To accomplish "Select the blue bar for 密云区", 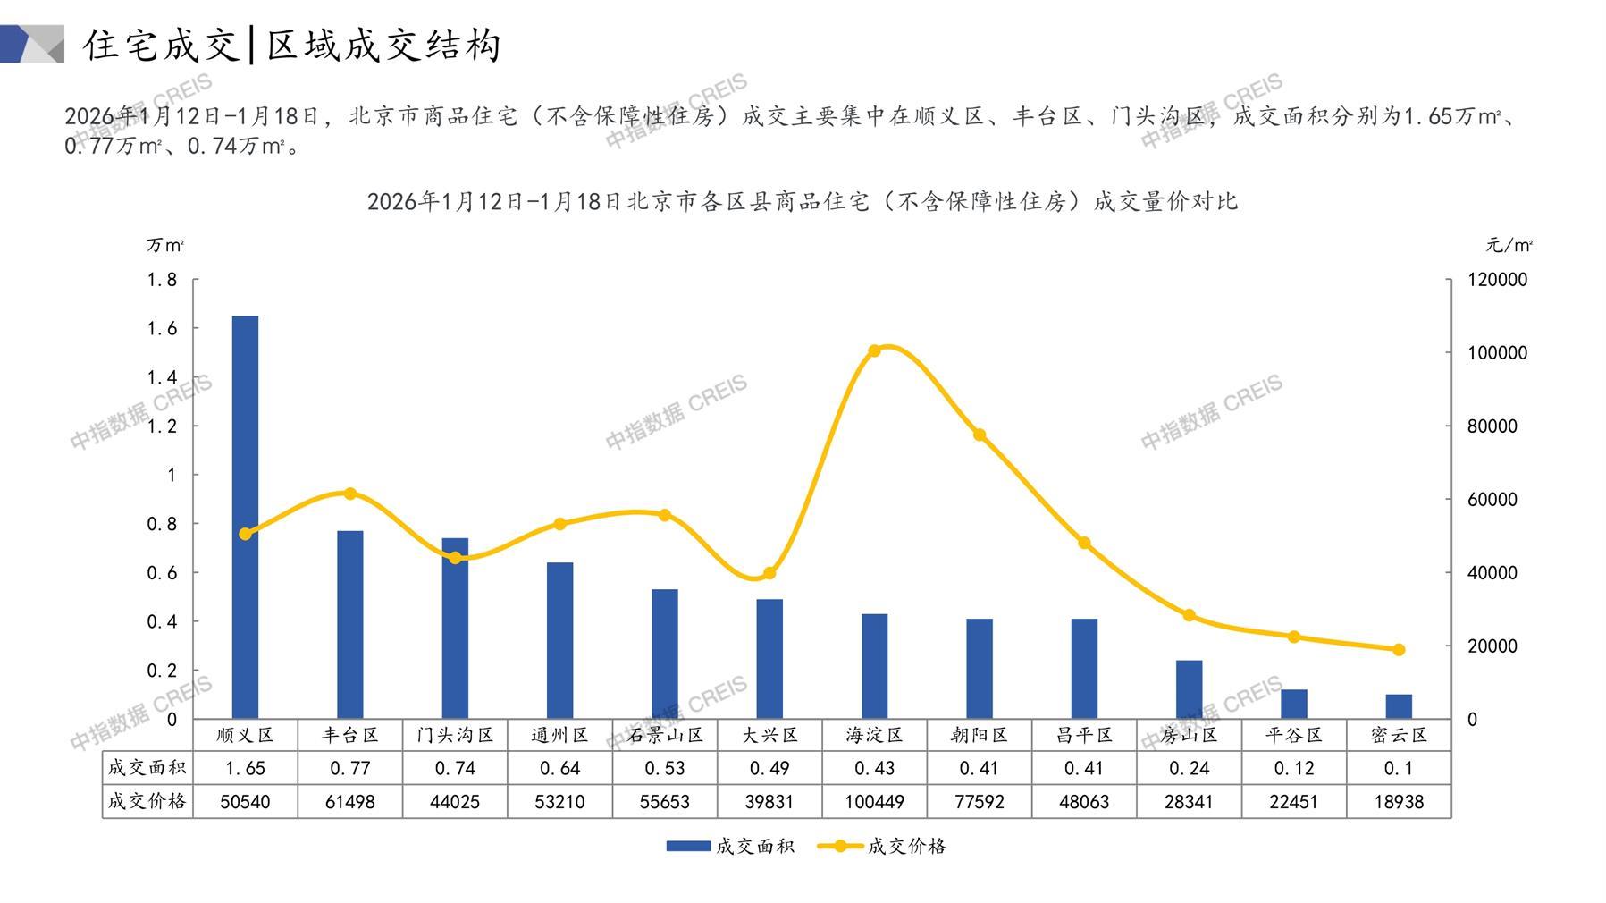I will (1399, 706).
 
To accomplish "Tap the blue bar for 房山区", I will (1189, 689).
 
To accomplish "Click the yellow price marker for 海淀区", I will (875, 350).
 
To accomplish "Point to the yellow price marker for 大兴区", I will (769, 573).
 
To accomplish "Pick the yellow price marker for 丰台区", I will (350, 494).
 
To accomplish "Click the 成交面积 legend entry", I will (730, 846).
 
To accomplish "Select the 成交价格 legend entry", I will (882, 846).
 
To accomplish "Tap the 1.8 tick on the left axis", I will (162, 280).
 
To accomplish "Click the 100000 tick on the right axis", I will (1497, 353).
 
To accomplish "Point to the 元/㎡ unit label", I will (1509, 245).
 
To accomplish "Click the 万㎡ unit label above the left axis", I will (165, 245).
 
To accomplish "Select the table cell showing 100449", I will (875, 802).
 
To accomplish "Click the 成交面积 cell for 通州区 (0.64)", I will (560, 768).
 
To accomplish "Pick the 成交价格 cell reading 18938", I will (1399, 802).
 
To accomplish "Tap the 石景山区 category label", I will (665, 735).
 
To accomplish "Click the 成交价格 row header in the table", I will (147, 802).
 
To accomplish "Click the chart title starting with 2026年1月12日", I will (802, 201).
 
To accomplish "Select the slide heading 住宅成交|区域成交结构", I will (292, 45).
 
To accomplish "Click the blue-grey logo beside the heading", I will (32, 44).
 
